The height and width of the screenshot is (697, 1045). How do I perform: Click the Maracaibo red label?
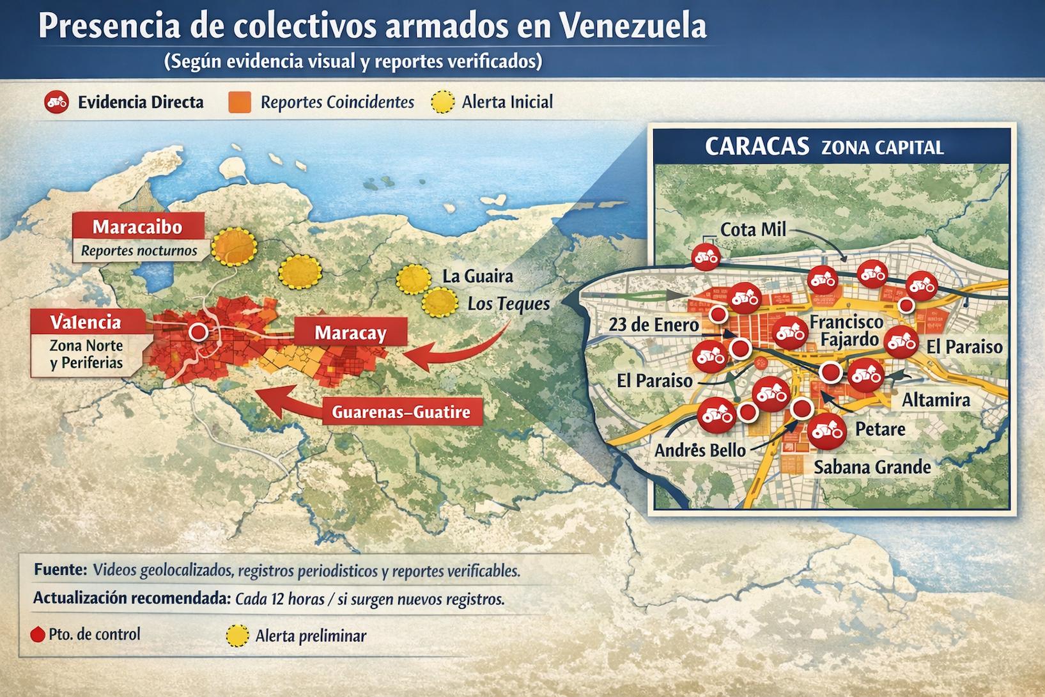[x=137, y=227]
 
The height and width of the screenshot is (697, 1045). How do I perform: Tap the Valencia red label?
[x=86, y=322]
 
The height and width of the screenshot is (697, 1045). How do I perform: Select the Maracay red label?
[x=350, y=333]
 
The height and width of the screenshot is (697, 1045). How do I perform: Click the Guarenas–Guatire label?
[x=401, y=412]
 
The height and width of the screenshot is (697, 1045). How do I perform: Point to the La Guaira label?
[x=477, y=276]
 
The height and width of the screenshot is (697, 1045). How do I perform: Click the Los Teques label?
[x=508, y=304]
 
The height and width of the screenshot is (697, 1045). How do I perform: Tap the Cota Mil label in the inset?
[x=753, y=230]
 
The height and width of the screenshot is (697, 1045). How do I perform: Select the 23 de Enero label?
[x=653, y=325]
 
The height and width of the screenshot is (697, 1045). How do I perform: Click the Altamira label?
[x=936, y=400]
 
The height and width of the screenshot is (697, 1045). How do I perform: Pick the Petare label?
[x=880, y=429]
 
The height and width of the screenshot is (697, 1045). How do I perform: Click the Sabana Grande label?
[x=872, y=467]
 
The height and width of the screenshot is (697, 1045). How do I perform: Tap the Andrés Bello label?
[x=700, y=451]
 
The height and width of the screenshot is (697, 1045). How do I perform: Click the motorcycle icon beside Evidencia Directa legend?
[x=56, y=102]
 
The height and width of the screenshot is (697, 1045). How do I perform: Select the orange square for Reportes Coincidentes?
[x=240, y=102]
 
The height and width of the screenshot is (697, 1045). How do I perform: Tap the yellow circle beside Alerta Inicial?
[x=442, y=102]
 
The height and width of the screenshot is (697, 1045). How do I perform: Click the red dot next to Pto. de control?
[x=38, y=635]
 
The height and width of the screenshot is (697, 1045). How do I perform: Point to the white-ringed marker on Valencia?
[x=198, y=332]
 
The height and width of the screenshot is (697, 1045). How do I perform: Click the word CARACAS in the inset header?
[x=757, y=146]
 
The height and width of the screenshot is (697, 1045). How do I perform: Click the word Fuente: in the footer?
[x=60, y=570]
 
